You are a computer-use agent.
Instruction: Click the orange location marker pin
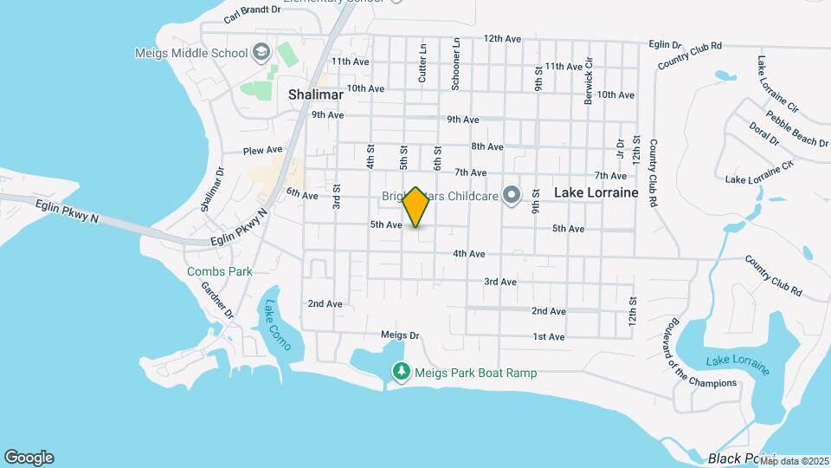coord(415,207)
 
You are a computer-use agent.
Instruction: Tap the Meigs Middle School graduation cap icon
coord(260,53)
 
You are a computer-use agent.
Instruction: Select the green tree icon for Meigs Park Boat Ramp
coord(401,372)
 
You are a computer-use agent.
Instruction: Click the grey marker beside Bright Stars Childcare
coord(511,194)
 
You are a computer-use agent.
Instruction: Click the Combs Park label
coord(220,271)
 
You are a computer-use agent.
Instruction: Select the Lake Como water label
coord(279,325)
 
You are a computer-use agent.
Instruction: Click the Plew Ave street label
coord(264,150)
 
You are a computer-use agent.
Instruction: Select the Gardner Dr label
coord(218,298)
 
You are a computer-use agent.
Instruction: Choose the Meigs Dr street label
coord(399,335)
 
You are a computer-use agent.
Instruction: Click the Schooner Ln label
coord(456,65)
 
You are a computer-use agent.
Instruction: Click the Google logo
coord(29,457)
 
